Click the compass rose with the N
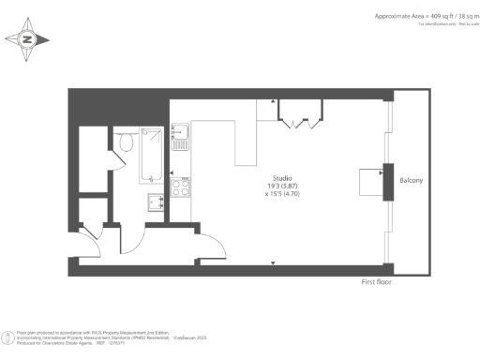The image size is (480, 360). click(27, 39)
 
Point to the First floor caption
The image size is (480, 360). click(381, 281)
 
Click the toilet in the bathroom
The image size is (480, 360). click(126, 142)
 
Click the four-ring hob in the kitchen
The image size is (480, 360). click(180, 187)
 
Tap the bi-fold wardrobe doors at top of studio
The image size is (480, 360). click(301, 119)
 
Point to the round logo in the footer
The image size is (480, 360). click(8, 334)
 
